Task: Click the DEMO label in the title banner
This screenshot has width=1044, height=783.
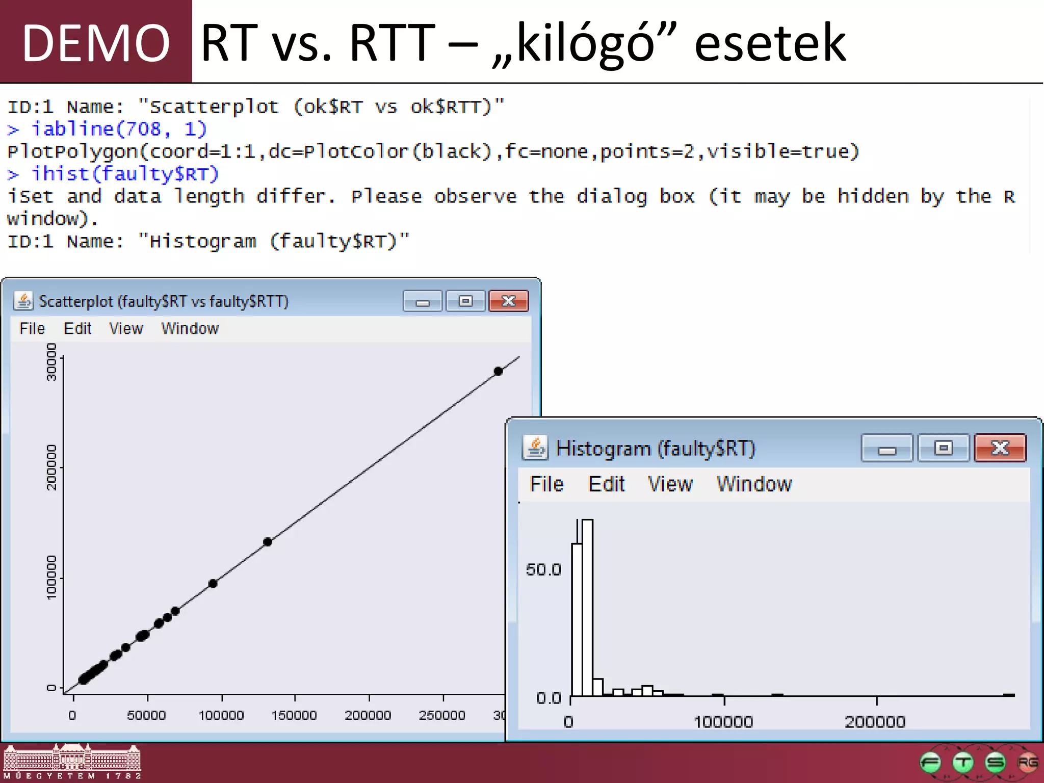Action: pos(96,43)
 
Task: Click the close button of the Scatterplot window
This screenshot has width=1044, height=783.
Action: pos(508,301)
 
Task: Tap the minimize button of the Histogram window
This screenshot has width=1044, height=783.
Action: pos(886,449)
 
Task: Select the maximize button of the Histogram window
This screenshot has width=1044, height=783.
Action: pos(943,449)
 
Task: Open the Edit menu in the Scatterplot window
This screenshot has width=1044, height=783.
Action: pos(77,329)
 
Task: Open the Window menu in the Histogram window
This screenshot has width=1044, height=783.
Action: pos(754,484)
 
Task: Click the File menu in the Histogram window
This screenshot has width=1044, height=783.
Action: pos(546,484)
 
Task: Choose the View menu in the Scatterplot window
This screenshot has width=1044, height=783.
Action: pos(126,329)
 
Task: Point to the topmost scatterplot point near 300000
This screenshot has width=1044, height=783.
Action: pos(498,371)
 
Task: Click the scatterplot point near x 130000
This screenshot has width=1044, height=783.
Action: pos(268,542)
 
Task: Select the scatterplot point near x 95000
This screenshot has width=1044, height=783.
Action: pos(213,584)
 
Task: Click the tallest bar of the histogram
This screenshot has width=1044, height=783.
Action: pos(587,607)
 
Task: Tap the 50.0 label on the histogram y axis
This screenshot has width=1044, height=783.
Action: pos(543,569)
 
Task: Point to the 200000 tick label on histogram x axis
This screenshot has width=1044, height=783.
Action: pos(875,722)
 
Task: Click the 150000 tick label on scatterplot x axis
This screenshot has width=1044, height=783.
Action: pos(294,715)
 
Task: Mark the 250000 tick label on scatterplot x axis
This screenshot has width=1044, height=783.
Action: pos(442,715)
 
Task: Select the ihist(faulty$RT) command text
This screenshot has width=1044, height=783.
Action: pos(125,174)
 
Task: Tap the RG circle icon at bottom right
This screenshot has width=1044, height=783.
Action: pos(1027,763)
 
